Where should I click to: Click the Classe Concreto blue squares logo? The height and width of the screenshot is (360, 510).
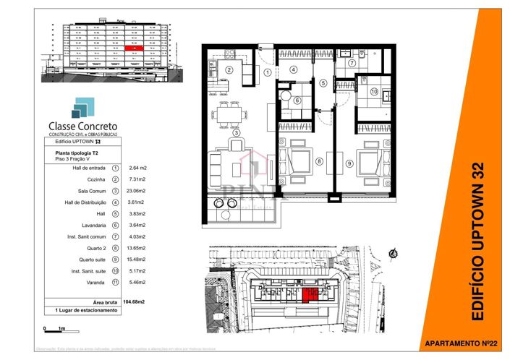[x=80, y=108]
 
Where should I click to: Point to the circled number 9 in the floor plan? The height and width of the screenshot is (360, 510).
[x=349, y=164]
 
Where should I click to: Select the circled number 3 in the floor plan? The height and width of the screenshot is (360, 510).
[x=236, y=134]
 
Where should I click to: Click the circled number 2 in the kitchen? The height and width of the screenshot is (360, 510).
[x=228, y=70]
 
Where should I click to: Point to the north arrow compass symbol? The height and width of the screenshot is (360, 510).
[x=392, y=253]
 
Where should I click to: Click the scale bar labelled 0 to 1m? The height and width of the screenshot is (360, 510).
[x=54, y=328]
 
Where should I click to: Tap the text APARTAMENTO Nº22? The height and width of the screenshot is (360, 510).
[x=459, y=343]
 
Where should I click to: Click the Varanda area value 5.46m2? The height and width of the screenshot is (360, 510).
[x=137, y=282]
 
